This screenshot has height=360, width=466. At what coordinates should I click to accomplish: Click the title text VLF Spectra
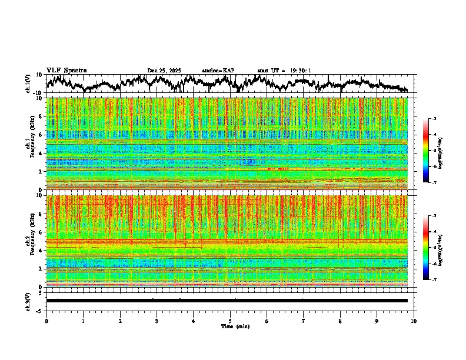(66, 71)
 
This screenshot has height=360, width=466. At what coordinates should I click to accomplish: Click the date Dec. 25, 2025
(164, 71)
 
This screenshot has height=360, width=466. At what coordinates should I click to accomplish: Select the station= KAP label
(218, 71)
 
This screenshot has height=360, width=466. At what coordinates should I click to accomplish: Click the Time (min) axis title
(235, 326)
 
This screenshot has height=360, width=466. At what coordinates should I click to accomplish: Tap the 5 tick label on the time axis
(230, 321)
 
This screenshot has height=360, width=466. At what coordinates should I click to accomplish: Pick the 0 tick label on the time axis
(46, 321)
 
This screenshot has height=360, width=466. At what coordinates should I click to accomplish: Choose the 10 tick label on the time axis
(414, 321)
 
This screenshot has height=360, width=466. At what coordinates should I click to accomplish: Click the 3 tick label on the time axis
(157, 321)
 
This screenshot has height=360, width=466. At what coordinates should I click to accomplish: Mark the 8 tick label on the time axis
(340, 321)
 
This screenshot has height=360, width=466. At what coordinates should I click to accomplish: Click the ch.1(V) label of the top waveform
(28, 84)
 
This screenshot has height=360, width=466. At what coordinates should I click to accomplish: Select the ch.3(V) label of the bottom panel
(28, 301)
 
